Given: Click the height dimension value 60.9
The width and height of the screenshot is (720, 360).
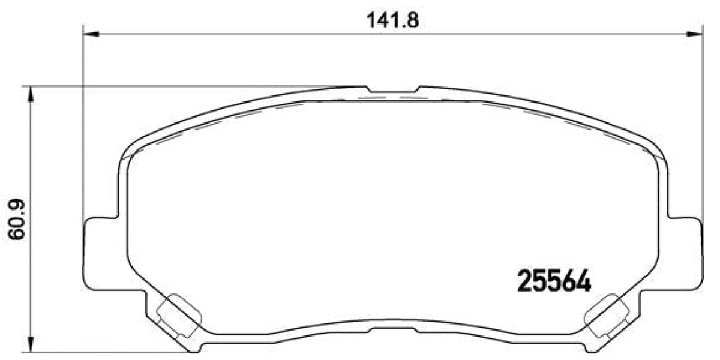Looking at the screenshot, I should click(17, 220).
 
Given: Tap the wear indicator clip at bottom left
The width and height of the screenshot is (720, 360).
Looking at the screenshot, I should click(178, 315).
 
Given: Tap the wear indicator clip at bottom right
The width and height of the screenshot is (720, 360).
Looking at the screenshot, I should click(607, 315).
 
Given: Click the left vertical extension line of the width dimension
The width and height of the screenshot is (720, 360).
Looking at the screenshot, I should click(83, 120).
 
